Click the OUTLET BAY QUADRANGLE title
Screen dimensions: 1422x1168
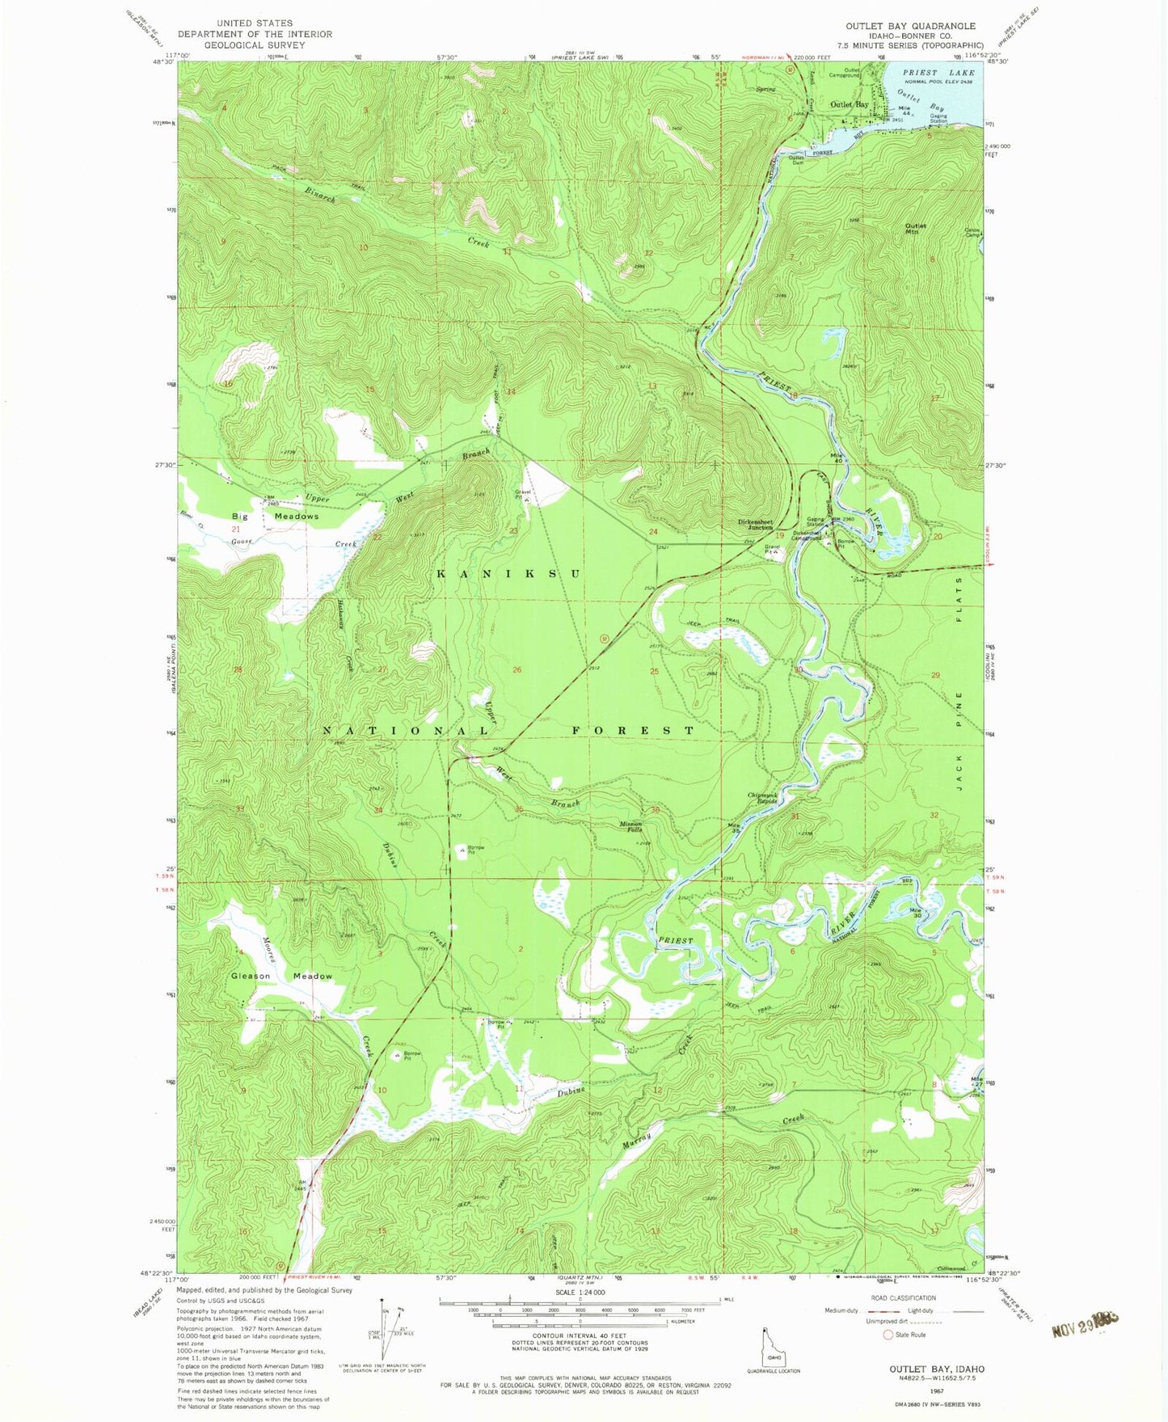(x=910, y=26)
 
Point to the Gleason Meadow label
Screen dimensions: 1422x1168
(x=281, y=976)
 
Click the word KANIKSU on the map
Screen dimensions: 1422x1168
(x=508, y=573)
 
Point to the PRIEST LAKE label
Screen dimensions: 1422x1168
(x=938, y=73)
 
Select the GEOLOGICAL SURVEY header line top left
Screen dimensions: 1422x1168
(x=255, y=45)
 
